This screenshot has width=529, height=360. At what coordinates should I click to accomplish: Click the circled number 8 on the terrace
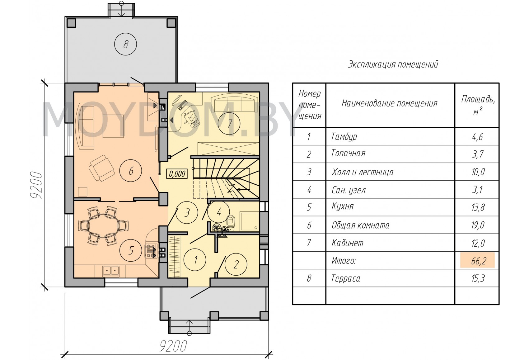pyautogui.click(x=125, y=44)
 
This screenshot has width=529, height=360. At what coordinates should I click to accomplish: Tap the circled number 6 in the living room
pyautogui.click(x=131, y=171)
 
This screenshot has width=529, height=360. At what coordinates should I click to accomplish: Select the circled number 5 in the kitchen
pyautogui.click(x=131, y=250)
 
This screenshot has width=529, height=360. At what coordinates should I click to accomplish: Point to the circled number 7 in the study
pyautogui.click(x=229, y=123)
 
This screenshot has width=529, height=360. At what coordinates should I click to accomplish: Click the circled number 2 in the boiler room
pyautogui.click(x=236, y=264)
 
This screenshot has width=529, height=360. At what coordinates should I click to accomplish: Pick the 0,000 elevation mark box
pyautogui.click(x=177, y=174)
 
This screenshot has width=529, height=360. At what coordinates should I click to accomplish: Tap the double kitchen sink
pyautogui.click(x=111, y=271)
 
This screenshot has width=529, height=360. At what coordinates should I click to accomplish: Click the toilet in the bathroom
pyautogui.click(x=231, y=221)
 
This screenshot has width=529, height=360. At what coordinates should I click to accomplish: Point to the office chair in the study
pyautogui.click(x=191, y=119)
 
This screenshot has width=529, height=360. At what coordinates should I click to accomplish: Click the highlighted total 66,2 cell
pyautogui.click(x=477, y=260)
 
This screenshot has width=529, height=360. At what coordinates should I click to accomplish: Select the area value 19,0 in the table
pyautogui.click(x=478, y=225)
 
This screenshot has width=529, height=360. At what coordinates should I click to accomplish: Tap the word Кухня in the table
pyautogui.click(x=342, y=206)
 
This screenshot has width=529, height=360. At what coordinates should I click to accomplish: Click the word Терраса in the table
pyautogui.click(x=345, y=278)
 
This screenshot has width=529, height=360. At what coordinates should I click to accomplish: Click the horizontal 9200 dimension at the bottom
pyautogui.click(x=173, y=346)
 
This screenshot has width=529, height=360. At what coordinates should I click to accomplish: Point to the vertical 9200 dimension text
pyautogui.click(x=37, y=185)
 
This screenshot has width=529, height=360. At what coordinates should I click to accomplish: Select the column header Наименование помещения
pyautogui.click(x=389, y=103)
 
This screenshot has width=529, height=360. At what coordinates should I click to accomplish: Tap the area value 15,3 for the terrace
pyautogui.click(x=478, y=278)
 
